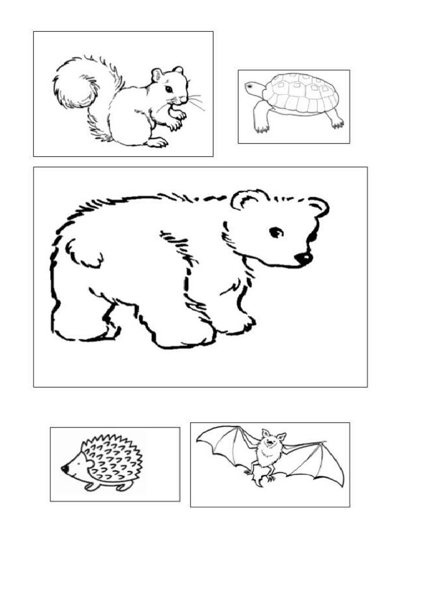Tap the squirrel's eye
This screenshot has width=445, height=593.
tap(168, 89)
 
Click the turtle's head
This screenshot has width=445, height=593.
tap(253, 87)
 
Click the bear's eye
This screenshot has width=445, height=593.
tap(276, 232)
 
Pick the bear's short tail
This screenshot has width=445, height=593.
tap(81, 252)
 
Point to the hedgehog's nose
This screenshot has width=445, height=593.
tap(64, 468)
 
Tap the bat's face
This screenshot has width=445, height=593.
tap(269, 442)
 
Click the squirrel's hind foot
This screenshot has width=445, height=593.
tap(156, 142)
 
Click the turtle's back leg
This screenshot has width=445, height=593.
tap(335, 120)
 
